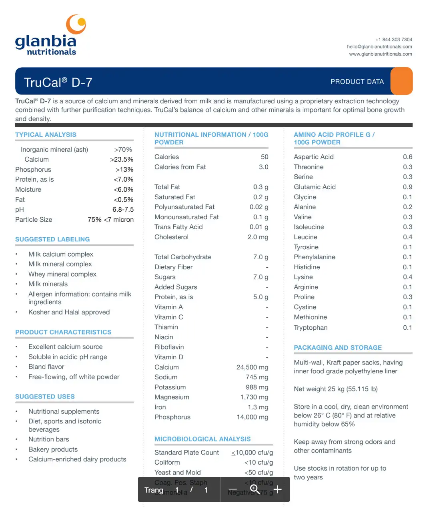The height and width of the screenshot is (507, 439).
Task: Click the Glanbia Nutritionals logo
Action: (51, 36)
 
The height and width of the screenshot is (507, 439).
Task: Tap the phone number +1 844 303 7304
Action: (393, 40)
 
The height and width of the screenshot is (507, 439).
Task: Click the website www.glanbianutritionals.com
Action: (380, 54)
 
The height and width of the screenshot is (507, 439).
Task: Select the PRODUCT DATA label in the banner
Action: (357, 82)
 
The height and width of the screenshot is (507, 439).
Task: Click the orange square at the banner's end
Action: (401, 81)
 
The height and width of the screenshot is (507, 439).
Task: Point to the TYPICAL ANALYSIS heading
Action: (46, 135)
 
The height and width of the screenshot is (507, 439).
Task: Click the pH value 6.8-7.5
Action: (123, 209)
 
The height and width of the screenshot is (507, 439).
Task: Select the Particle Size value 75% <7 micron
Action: (110, 219)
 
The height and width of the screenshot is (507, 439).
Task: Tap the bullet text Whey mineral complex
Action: (62, 274)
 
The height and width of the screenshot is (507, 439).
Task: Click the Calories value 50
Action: (265, 157)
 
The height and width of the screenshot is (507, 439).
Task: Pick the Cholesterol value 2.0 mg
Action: (258, 237)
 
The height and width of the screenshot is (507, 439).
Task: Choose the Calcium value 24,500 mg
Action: (252, 367)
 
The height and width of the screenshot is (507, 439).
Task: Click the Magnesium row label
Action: (172, 397)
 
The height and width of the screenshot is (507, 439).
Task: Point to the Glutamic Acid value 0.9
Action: (407, 187)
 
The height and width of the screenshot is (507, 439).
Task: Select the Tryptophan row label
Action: (311, 327)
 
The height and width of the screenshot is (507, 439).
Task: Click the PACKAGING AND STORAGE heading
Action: (338, 348)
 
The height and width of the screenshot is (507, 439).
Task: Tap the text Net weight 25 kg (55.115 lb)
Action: (335, 389)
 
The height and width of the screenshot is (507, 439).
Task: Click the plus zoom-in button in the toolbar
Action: (277, 489)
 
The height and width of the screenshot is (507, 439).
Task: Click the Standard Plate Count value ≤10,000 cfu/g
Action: (252, 453)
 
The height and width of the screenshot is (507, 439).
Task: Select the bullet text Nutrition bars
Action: (48, 439)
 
